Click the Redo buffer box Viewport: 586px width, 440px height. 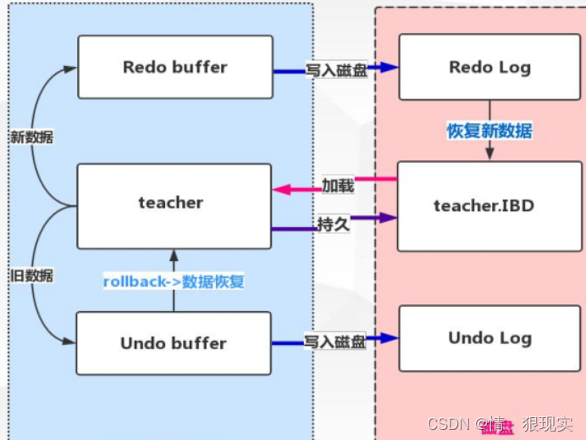coord(175,67)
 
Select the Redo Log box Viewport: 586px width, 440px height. coord(489,67)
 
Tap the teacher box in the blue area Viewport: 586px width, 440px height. coord(174,203)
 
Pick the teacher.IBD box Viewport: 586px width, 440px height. coord(489,205)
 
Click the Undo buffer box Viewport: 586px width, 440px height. coord(174,343)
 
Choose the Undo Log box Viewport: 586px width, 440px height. coord(489,338)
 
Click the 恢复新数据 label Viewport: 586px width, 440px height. coord(489,131)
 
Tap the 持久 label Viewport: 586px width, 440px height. coord(334,223)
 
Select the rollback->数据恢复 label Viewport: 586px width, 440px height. coord(174,281)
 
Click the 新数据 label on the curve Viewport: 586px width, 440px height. coord(31,136)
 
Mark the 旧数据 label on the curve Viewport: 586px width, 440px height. coord(31,276)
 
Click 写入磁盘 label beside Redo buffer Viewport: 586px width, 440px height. coord(336,71)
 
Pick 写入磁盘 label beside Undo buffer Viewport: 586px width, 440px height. coord(336,343)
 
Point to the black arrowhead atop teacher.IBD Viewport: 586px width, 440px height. coord(489,155)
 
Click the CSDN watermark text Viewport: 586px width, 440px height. coord(449,424)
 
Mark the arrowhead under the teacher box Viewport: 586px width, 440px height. coord(174,254)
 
